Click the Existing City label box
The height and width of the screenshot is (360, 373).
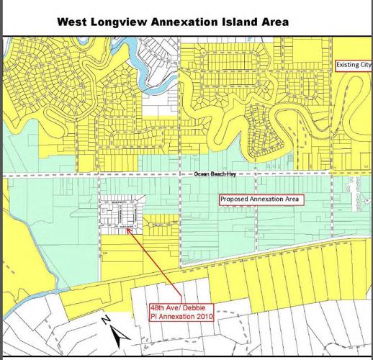[x=354, y=66]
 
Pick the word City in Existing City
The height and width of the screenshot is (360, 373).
[x=364, y=66]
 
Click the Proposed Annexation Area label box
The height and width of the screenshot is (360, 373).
[x=258, y=199]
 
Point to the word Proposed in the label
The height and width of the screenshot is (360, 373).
[x=235, y=199]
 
